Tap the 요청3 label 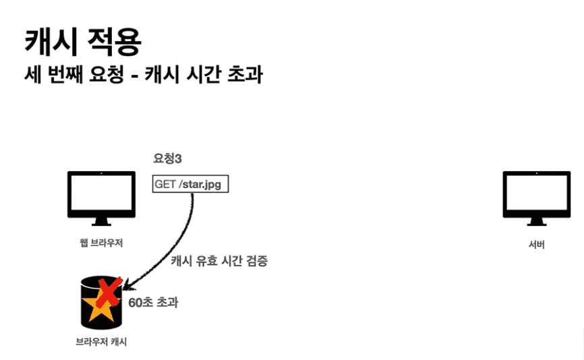(168, 159)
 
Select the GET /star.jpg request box (191, 183)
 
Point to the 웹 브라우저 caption (101, 243)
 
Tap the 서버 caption (536, 244)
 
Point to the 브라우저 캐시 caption (101, 342)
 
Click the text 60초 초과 (153, 303)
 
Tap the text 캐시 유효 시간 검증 (218, 261)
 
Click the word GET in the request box (166, 183)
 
